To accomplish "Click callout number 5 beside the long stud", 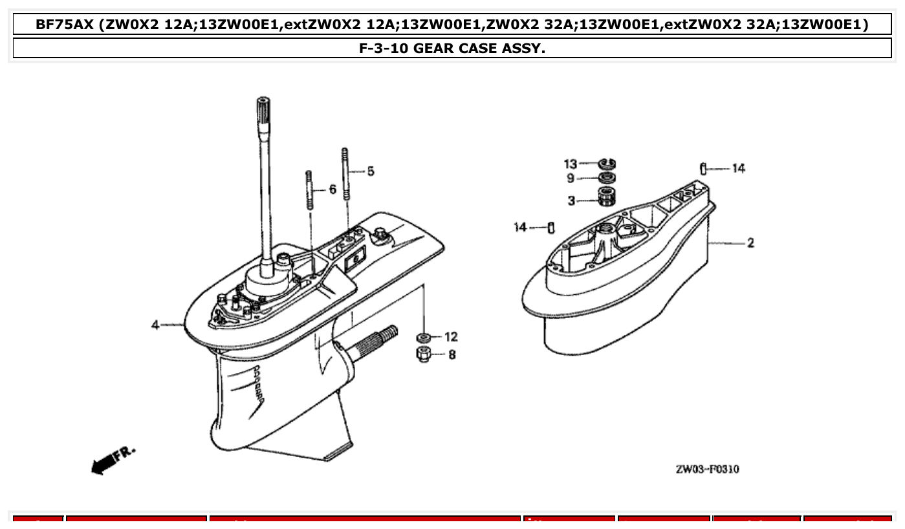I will point(370,171).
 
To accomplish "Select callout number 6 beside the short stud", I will point(333,189).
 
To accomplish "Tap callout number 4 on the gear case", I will point(155,325).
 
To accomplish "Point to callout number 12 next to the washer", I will point(451,337).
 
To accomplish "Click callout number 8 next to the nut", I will point(452,354).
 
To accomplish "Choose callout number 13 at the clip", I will point(570,164).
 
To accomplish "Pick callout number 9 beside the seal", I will point(571,178).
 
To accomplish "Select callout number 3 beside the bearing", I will point(571,200).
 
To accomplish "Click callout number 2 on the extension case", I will point(750,243).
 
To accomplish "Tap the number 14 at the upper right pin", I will point(738,168).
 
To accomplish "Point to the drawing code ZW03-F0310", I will point(707,469).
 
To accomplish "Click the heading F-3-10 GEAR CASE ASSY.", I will point(452,48).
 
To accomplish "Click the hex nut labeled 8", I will point(424,354).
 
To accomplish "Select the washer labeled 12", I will point(424,338).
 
